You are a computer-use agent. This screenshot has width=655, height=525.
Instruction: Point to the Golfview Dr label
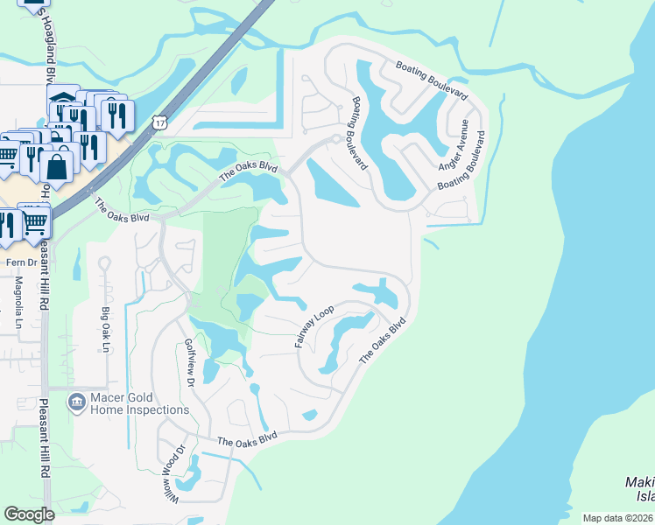[x=188, y=364]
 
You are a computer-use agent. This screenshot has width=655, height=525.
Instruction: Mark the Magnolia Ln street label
[x=18, y=303]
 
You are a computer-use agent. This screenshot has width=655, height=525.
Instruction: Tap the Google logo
[x=30, y=514]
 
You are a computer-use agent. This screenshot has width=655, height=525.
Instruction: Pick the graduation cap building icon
[x=63, y=98]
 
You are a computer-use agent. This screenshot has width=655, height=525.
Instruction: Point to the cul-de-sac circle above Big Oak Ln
[x=103, y=262]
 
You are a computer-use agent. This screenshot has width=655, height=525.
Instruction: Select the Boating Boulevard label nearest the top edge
[x=432, y=80]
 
